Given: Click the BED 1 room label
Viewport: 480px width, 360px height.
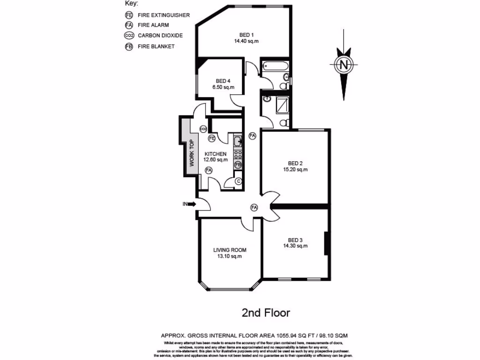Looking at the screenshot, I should [x=246, y=35].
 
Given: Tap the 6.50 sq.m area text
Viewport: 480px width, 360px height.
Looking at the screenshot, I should [x=222, y=87].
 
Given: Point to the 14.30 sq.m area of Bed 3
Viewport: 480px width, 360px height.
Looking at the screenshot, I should [x=295, y=246].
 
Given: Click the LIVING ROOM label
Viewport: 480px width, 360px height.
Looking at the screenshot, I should [x=230, y=250].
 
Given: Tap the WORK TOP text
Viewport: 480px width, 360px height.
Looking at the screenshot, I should [x=192, y=153].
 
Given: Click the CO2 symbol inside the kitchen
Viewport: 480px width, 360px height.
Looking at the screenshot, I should [x=203, y=129].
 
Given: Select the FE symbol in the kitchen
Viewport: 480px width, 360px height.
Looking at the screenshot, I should [x=212, y=138].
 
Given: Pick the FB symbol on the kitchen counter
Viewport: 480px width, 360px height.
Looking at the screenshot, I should [x=238, y=165].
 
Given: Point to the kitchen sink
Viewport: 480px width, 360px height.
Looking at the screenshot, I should [x=238, y=140].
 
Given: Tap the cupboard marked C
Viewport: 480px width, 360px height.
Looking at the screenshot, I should [x=238, y=181].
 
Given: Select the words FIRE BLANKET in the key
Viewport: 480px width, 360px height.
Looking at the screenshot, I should [x=156, y=46].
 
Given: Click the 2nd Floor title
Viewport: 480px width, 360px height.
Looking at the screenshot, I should [x=266, y=313].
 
